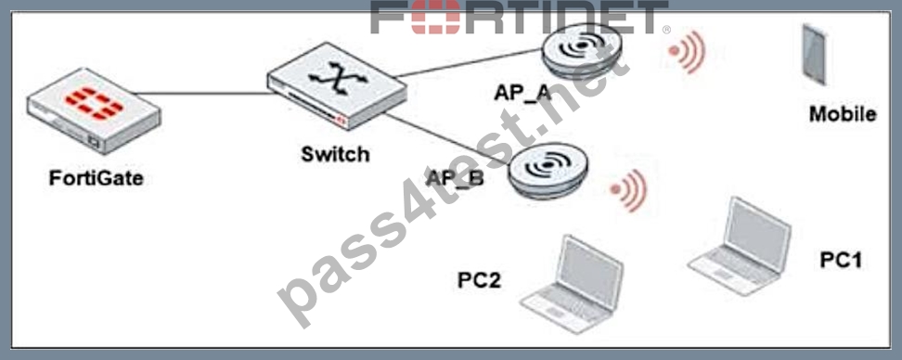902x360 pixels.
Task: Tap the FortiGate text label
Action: coord(97,178)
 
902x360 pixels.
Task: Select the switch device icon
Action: coord(338,86)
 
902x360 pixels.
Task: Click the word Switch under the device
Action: coord(335,153)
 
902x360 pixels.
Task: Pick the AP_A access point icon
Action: coord(582,51)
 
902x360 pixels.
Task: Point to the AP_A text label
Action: coord(522,92)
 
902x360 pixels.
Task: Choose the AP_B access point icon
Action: coord(548,171)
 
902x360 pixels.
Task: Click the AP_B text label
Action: coord(455,178)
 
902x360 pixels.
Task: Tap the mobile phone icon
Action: coord(815,54)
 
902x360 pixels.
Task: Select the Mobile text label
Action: coord(843,114)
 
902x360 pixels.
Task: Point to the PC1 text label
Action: coord(841,260)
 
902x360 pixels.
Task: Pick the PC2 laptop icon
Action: coord(572,284)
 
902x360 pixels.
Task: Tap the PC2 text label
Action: coord(479,280)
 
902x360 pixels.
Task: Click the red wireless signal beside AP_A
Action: coord(687,52)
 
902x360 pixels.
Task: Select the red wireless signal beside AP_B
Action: coord(629,190)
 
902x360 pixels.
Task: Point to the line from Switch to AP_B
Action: coord(448,140)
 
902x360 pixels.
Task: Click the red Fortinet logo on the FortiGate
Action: coord(94,104)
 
